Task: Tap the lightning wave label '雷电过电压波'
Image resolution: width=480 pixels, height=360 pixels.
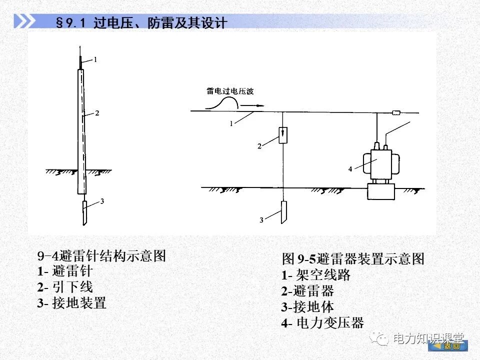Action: point(229,91)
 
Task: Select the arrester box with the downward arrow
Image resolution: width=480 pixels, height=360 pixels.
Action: point(283,135)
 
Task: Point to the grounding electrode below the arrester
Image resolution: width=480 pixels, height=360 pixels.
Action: point(283,212)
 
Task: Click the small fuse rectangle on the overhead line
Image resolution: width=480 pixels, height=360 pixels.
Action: point(398,112)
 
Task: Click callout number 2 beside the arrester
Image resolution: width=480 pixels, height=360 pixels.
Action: point(259,146)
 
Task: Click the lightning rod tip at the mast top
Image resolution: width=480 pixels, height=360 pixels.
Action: point(80,60)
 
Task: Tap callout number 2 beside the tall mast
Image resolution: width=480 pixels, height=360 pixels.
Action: point(97,113)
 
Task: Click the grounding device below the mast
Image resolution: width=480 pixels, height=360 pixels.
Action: point(85,212)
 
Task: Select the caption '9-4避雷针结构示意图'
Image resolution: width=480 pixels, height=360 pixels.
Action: point(101,256)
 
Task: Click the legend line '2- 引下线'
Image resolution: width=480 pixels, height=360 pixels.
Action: point(65,287)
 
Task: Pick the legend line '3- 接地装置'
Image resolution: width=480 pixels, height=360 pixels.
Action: point(71,302)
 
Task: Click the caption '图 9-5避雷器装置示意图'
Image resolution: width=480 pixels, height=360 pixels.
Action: point(353,258)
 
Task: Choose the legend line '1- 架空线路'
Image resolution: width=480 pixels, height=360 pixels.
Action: point(316,274)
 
